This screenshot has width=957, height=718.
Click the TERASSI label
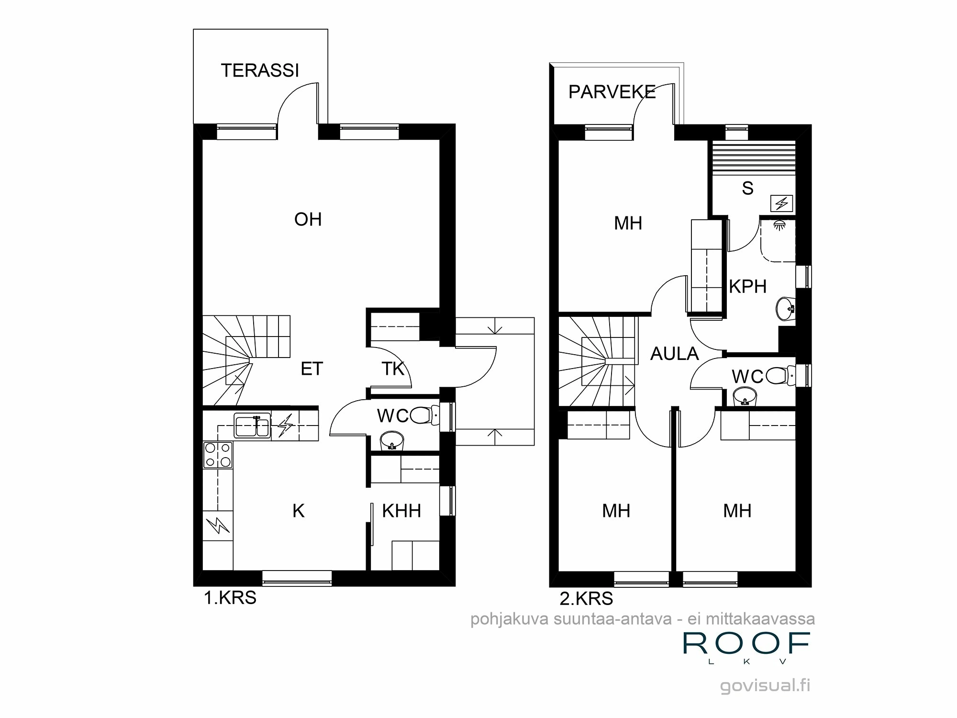(260, 71)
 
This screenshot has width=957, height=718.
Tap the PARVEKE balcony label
(612, 92)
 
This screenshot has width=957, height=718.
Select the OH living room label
(308, 220)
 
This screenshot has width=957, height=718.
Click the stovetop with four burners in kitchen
(218, 455)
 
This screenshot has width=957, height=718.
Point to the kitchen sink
(252, 426)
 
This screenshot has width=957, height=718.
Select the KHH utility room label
(401, 511)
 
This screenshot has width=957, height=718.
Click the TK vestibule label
(393, 369)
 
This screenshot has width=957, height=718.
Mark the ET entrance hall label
(312, 369)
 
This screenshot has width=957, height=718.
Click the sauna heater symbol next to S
(781, 204)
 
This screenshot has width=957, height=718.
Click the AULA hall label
(674, 354)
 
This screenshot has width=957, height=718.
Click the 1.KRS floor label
(230, 598)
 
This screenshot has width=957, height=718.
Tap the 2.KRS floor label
(586, 598)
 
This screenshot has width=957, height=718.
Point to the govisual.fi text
(765, 685)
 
